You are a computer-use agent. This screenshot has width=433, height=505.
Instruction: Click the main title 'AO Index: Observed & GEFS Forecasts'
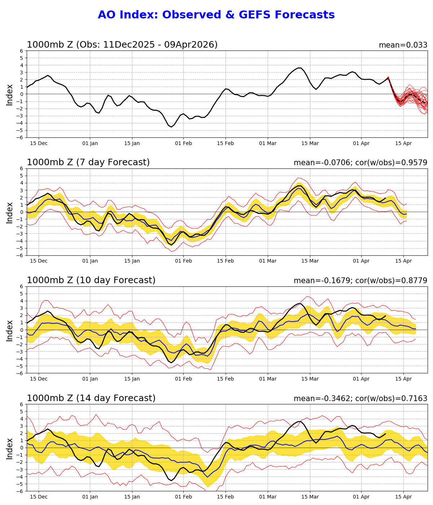pyautogui.click(x=216, y=15)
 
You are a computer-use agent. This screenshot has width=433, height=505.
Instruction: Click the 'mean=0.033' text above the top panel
pyautogui.click(x=403, y=45)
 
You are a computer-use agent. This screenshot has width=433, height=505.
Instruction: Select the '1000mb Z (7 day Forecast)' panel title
pyautogui.click(x=88, y=163)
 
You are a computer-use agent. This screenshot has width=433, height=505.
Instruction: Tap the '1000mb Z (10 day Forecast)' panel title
pyautogui.click(x=91, y=281)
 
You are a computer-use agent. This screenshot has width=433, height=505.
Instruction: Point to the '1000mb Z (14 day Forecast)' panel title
pyautogui.click(x=91, y=398)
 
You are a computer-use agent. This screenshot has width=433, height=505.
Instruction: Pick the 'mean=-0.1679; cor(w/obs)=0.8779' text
pyautogui.click(x=360, y=281)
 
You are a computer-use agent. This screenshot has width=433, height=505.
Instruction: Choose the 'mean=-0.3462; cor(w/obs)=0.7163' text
pyautogui.click(x=360, y=398)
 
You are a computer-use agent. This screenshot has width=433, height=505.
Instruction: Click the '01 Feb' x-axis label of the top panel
pyautogui.click(x=183, y=143)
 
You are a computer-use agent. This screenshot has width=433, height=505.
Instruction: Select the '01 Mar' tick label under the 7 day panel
pyautogui.click(x=268, y=261)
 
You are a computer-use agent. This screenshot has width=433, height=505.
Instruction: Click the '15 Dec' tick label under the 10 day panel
pyautogui.click(x=39, y=379)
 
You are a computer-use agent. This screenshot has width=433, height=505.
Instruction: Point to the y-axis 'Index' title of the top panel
pyautogui.click(x=10, y=95)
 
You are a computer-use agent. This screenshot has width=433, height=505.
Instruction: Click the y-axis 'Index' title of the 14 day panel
pyautogui.click(x=10, y=448)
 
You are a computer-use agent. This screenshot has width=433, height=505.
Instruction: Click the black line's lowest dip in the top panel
pyautogui.click(x=171, y=127)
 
